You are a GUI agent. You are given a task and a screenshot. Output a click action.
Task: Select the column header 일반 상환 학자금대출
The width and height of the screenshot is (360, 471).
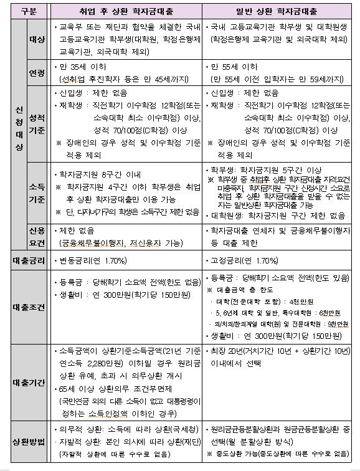(280, 11)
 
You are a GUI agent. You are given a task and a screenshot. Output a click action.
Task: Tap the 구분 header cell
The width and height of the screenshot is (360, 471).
(24, 11)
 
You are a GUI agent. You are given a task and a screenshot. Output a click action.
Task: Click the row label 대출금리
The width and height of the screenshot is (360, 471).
(24, 259)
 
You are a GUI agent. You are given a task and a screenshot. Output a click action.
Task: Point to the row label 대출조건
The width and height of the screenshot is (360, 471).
(24, 307)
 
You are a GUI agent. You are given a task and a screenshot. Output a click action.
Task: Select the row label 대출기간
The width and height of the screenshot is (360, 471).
(24, 382)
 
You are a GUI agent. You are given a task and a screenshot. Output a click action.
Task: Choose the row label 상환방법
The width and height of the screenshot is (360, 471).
(24, 442)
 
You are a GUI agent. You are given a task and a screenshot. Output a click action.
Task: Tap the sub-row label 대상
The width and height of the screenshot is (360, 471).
(37, 39)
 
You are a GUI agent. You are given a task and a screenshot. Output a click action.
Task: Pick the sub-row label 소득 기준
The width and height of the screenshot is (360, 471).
(37, 192)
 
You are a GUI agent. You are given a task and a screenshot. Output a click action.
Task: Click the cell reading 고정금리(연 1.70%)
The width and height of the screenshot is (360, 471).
(244, 259)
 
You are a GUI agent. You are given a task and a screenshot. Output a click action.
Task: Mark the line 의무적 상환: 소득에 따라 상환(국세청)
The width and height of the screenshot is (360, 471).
(116, 430)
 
